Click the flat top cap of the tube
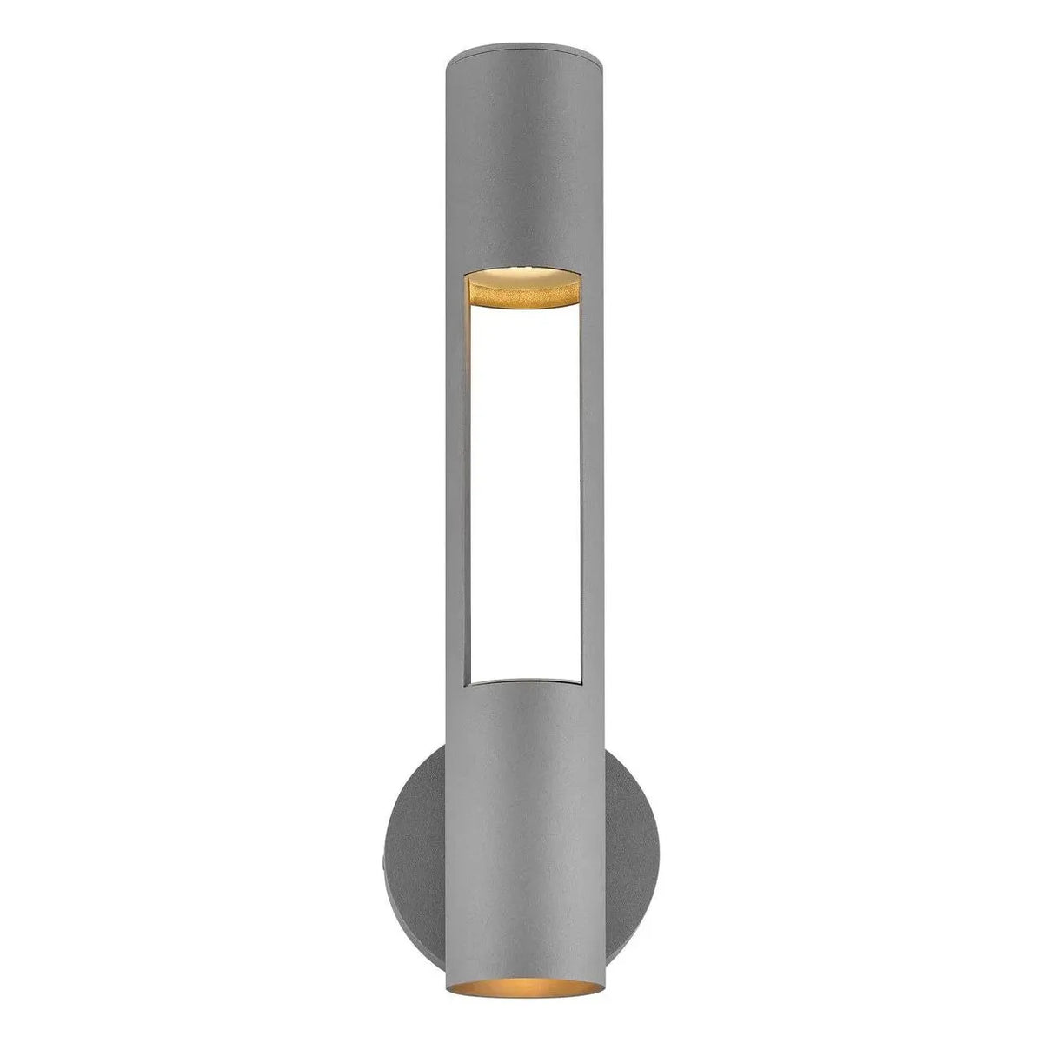pos(522,58)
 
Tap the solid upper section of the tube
pos(522,165)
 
